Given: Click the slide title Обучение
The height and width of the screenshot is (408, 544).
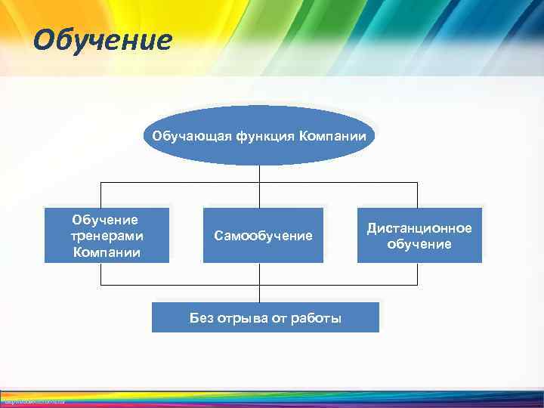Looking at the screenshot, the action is (x=103, y=40).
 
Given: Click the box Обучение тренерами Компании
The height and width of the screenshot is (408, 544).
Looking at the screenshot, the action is (x=107, y=235).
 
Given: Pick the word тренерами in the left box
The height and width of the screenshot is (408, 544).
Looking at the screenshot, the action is (x=106, y=236).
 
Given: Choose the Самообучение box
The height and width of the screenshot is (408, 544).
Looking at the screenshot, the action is (x=263, y=235).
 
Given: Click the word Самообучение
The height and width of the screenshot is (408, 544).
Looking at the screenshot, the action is (x=263, y=236).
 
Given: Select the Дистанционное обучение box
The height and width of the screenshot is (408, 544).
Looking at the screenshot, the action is (x=419, y=235).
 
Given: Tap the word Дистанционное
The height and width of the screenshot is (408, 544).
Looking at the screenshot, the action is (x=419, y=228).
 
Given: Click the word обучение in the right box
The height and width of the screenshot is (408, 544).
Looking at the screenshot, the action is (x=419, y=244).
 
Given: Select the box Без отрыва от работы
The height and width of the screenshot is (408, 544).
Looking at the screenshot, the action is (x=265, y=317).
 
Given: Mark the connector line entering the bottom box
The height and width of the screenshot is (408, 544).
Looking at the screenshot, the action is (x=259, y=294).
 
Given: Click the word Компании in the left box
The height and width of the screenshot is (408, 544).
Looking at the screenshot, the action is (x=106, y=252).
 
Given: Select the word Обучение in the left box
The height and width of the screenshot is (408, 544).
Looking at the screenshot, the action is (x=106, y=220).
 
